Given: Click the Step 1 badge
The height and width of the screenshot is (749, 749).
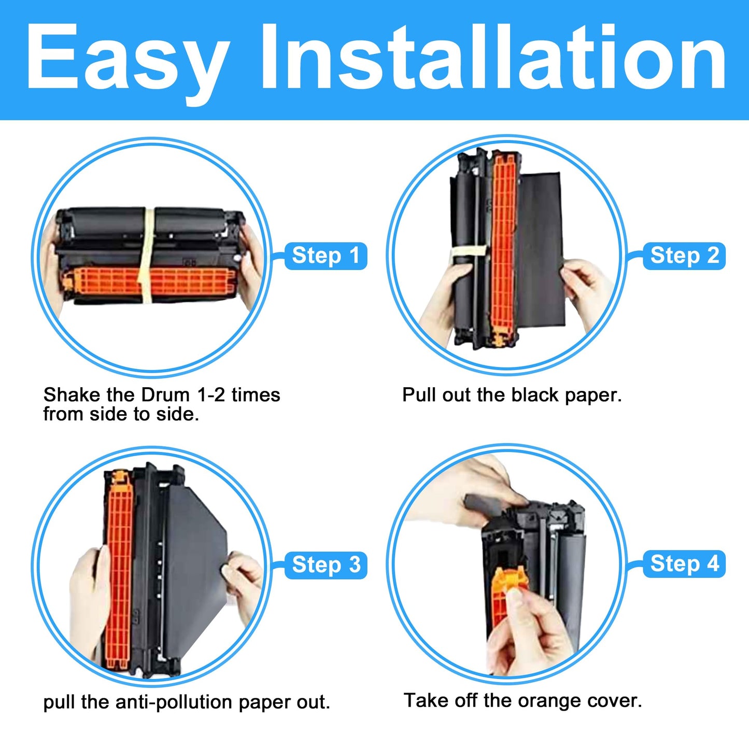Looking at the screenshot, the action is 326,256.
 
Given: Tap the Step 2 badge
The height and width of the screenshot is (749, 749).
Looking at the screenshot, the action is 684,256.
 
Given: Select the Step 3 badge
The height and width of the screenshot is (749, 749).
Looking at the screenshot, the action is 326,565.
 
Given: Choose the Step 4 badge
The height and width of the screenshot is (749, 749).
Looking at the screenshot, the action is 684,564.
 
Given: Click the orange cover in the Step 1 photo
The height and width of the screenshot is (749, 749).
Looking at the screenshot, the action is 150,282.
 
